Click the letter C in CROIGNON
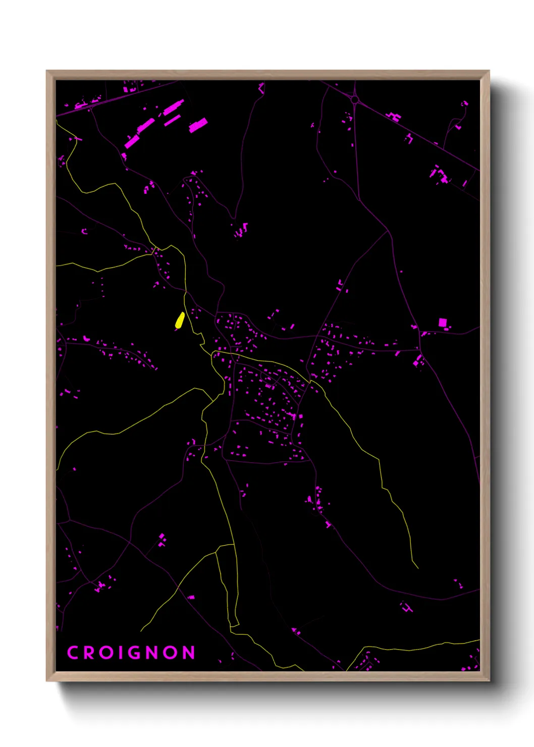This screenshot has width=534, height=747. (72, 653)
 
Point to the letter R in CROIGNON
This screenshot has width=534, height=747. (89, 653)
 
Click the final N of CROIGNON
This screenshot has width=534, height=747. (188, 653)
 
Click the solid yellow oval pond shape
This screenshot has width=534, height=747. (179, 320)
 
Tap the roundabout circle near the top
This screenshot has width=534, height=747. (355, 100)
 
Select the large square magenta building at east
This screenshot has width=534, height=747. (443, 323)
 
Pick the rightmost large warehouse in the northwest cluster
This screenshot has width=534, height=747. (198, 125)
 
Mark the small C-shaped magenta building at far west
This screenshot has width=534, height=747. (84, 232)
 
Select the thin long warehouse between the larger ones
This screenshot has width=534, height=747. (172, 121)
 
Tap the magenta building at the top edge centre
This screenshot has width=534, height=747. (261, 88)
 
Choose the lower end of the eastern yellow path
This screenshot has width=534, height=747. (417, 567)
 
